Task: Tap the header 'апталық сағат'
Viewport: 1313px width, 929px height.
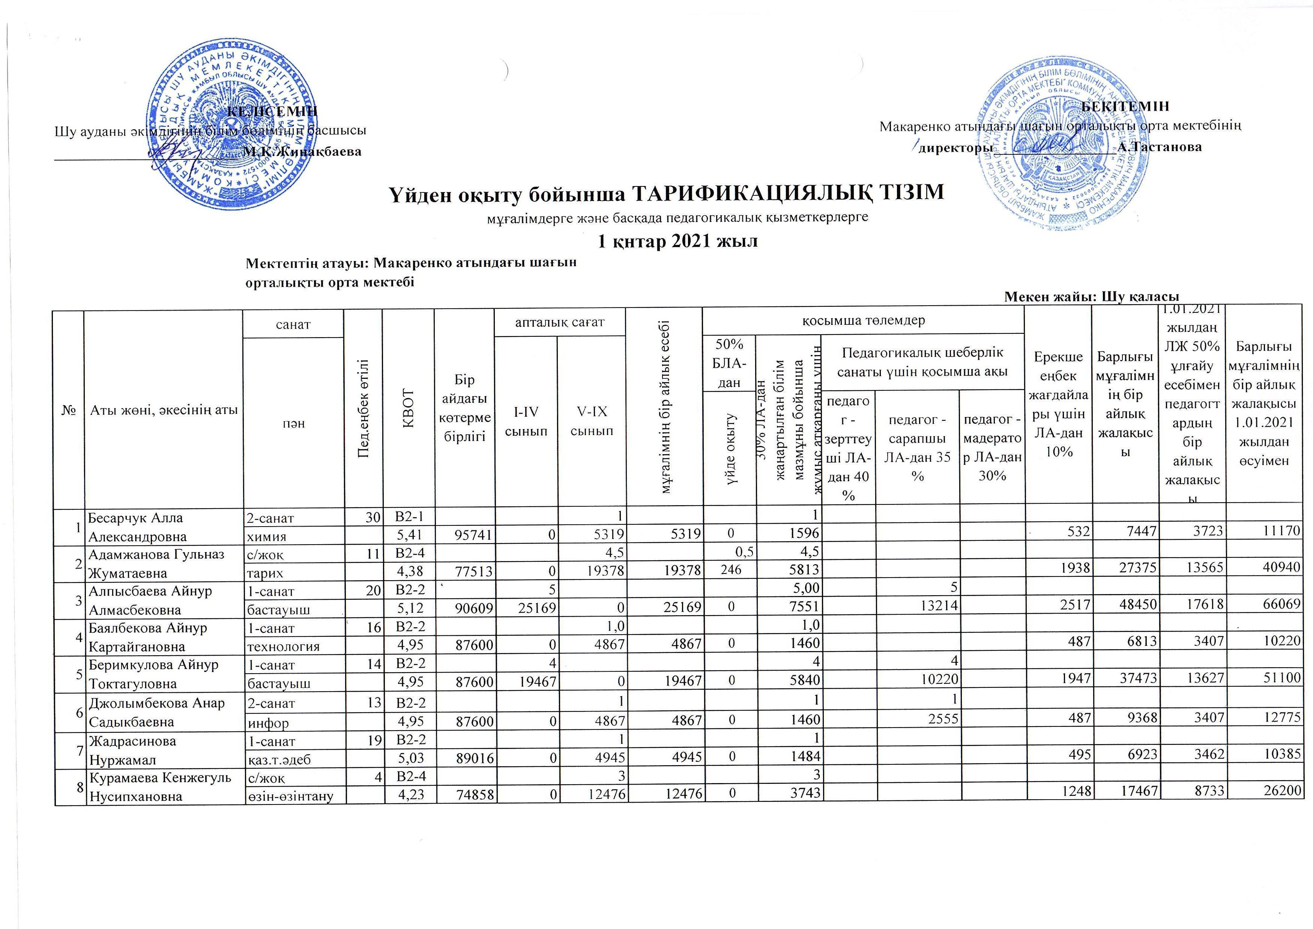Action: [x=560, y=322]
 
